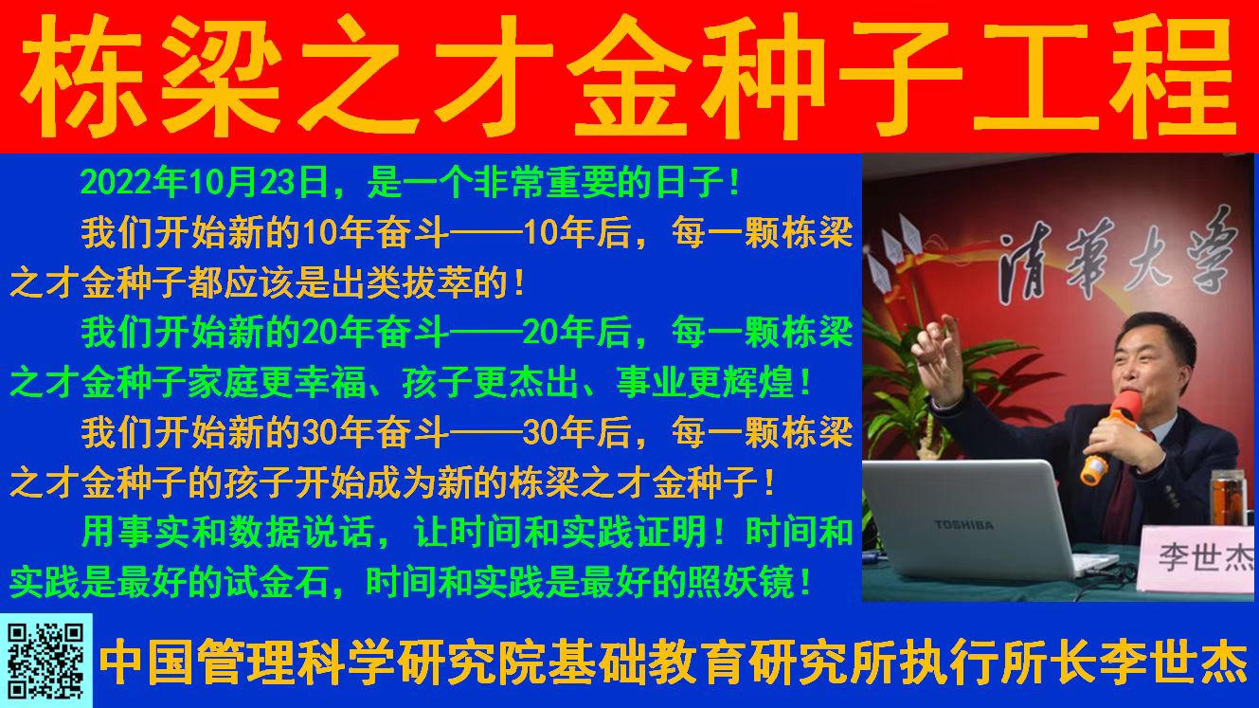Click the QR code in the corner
[46, 661]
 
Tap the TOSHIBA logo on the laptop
[963, 525]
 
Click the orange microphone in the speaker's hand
[1111, 438]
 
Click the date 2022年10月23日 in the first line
[205, 182]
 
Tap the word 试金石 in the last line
[277, 582]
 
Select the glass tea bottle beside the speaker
[1228, 499]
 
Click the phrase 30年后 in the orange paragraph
[576, 433]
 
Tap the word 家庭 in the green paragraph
[224, 382]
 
